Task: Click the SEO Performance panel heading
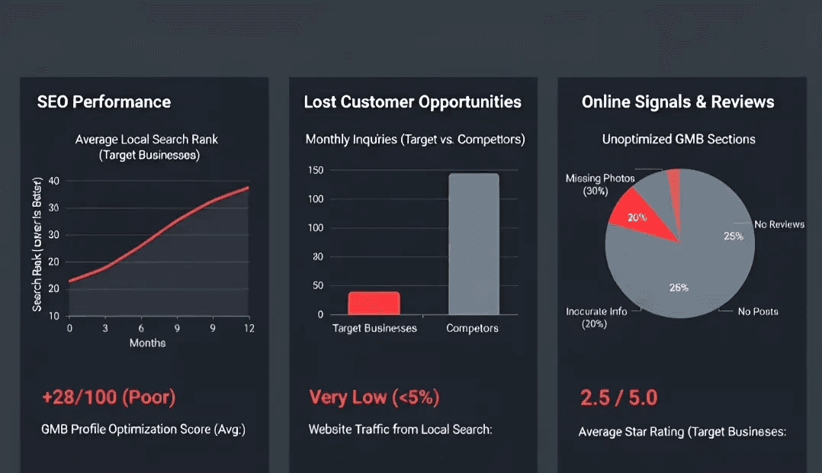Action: coord(104,102)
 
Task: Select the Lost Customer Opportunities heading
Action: coord(413,102)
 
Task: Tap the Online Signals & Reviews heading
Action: coord(678,102)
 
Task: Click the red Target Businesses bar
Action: coord(374,303)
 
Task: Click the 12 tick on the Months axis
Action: coord(248,327)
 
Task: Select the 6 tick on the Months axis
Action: coord(141,327)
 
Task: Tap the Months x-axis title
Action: coord(147,343)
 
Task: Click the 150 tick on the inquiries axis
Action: coord(316,169)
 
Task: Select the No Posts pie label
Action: coord(758,311)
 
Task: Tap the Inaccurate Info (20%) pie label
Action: coord(597,317)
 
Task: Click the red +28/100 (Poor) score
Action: coord(108,397)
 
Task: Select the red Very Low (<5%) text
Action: coord(374,397)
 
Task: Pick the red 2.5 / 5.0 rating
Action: coord(618,397)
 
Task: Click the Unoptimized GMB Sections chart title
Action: coord(679,139)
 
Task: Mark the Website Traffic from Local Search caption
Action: coord(400,430)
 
